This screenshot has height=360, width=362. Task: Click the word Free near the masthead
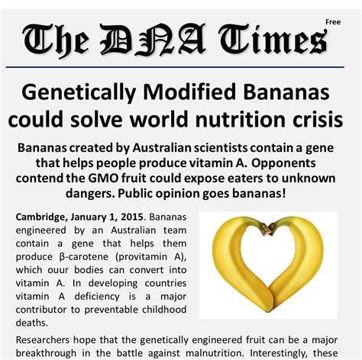[332, 22]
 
